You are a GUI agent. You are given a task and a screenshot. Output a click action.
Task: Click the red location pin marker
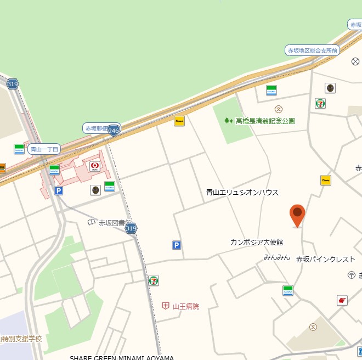coord(297,215)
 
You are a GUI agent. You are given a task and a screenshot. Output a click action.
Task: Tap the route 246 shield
coord(114,131)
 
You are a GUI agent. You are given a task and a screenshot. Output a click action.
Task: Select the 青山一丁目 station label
coord(44,149)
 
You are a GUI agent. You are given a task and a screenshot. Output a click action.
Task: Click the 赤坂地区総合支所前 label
coord(313,50)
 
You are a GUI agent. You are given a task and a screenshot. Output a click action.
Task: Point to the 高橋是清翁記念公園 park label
coord(265,121)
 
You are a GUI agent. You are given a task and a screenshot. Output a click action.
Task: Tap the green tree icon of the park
coord(228,121)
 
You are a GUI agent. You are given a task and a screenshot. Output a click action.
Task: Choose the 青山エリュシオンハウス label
coord(242,193)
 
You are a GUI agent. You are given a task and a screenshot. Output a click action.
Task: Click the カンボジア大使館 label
coord(257,242)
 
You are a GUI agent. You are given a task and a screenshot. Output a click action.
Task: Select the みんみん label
coord(276,257)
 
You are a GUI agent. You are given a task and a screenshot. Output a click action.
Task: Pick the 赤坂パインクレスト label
coord(326,259)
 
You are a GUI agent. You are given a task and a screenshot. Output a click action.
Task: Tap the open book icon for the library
coord(92,222)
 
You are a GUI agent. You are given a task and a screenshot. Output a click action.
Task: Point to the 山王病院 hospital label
coord(185,306)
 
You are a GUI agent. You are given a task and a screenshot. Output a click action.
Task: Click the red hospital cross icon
coord(166,306)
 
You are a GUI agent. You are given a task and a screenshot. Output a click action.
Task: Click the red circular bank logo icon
coord(94,165)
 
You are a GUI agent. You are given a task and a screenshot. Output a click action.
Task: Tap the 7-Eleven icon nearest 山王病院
coord(154,280)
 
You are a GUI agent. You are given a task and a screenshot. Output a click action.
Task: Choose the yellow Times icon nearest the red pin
coord(326,180)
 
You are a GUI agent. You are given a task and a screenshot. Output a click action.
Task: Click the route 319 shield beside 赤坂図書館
coord(131,228)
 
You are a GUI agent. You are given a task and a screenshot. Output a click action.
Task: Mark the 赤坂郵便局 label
coord(97,128)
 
